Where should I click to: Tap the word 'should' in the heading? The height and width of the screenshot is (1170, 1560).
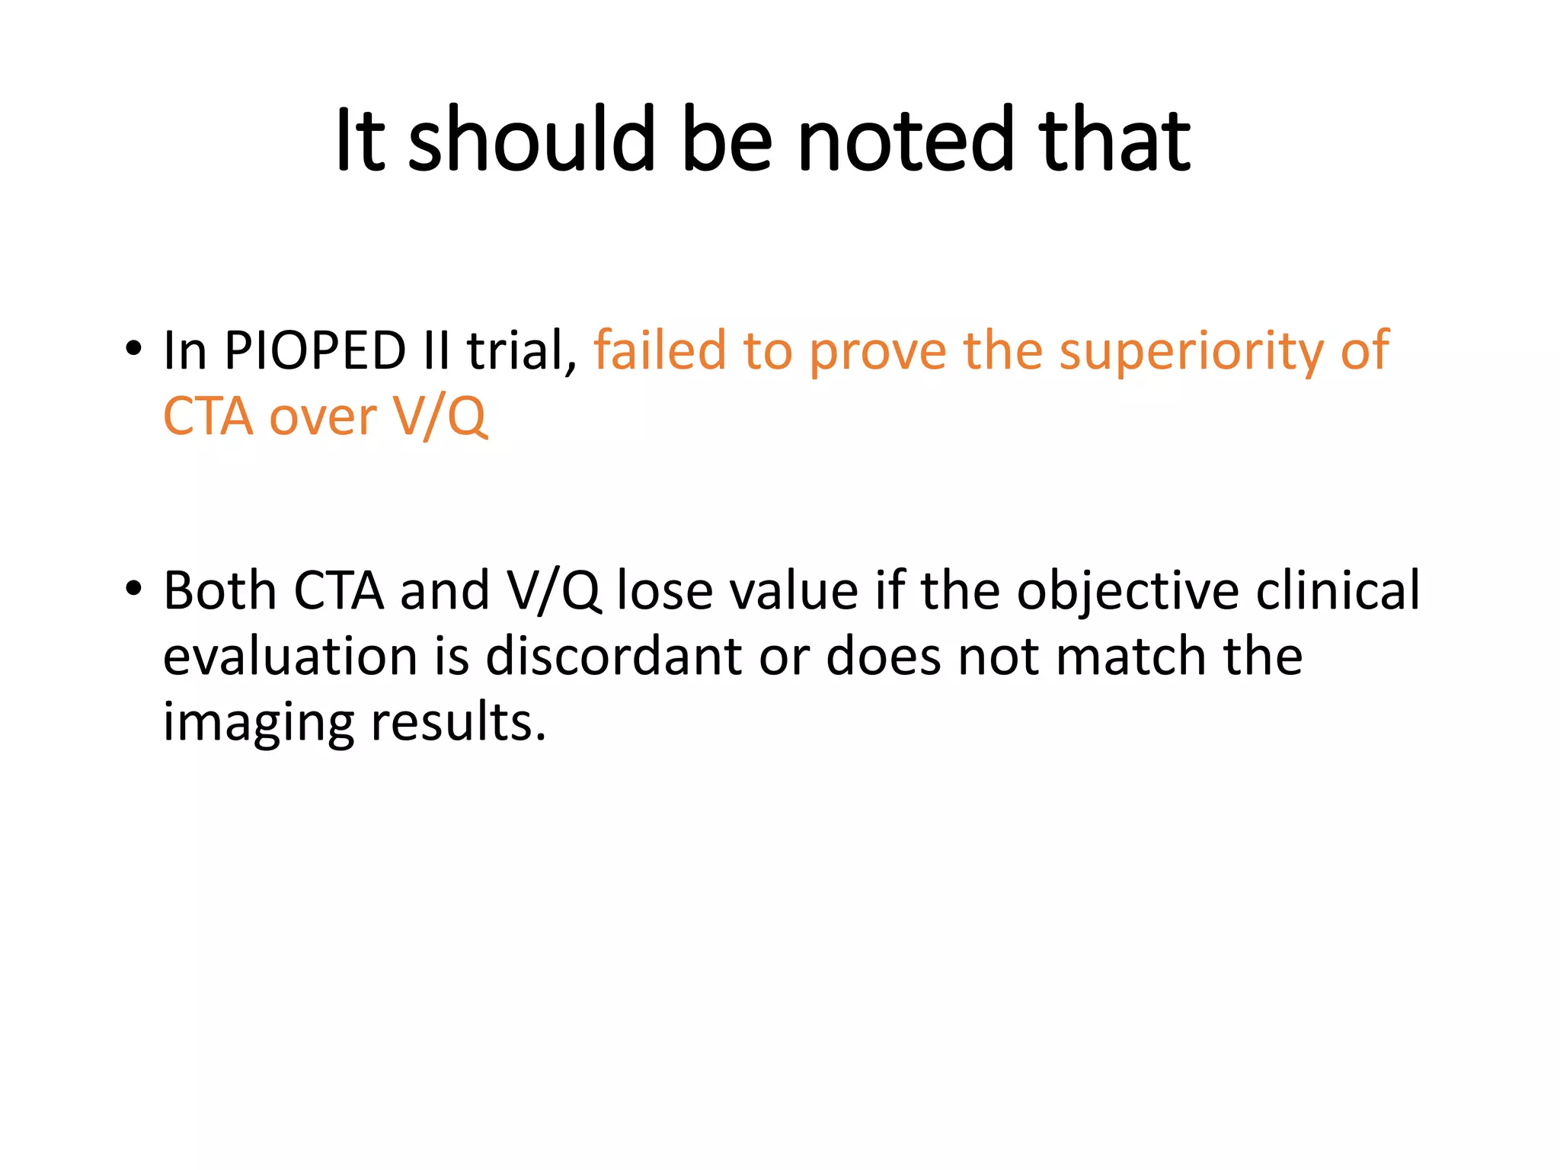(532, 140)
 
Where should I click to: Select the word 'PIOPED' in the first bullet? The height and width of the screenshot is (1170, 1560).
(315, 351)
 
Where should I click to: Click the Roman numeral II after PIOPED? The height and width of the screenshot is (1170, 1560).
(436, 351)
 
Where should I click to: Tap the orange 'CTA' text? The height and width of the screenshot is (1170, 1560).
(208, 417)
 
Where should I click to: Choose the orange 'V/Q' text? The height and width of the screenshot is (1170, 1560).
(440, 417)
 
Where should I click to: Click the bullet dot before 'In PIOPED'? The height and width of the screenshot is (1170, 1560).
(133, 349)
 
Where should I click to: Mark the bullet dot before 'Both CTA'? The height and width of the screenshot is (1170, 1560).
(133, 589)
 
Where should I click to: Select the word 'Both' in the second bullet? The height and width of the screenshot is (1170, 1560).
(219, 591)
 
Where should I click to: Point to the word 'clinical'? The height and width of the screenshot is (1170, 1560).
(1338, 591)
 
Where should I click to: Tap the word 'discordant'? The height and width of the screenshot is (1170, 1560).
(613, 657)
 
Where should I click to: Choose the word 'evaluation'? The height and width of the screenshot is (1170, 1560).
(290, 657)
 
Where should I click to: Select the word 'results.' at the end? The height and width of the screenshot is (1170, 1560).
(459, 722)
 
